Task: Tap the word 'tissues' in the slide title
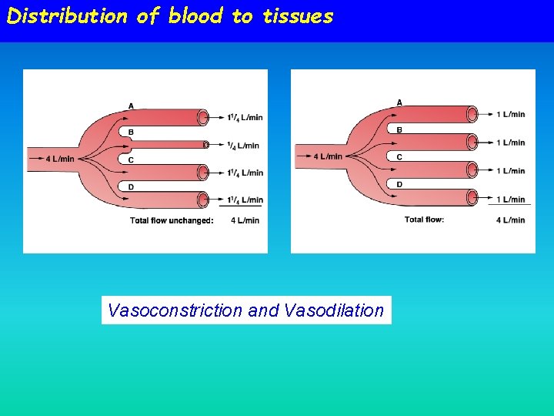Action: (298, 16)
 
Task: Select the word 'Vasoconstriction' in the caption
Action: (175, 310)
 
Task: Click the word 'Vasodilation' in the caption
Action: (333, 310)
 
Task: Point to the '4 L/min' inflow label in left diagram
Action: (60, 159)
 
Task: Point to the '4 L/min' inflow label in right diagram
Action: (328, 156)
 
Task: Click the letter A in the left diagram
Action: (131, 106)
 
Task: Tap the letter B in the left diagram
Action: (131, 133)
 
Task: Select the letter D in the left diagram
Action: (131, 187)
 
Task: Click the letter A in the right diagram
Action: (399, 102)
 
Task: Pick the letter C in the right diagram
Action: (399, 157)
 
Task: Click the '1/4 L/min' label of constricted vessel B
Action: (244, 145)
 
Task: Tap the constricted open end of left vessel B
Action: (205, 144)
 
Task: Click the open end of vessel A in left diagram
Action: (203, 117)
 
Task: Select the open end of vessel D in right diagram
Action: (471, 198)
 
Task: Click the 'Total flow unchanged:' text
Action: (172, 220)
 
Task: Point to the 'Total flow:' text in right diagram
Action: (424, 220)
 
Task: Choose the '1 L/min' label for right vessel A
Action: (511, 114)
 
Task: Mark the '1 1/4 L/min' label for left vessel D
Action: (245, 200)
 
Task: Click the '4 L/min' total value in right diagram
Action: (510, 220)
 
